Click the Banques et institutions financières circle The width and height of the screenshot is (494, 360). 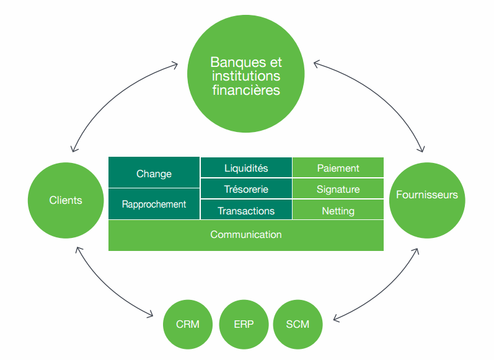point(245,76)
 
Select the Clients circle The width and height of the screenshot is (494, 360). point(66,200)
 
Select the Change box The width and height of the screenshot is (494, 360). point(154,173)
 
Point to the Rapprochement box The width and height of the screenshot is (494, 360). point(154,204)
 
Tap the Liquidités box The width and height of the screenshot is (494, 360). point(246,168)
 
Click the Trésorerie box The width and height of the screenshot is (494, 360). point(246,189)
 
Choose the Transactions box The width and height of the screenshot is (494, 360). point(246,211)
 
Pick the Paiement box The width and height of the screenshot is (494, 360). point(338,168)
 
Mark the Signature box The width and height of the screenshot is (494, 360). point(338,189)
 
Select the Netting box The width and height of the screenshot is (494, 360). point(338,211)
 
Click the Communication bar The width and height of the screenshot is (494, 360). point(246,235)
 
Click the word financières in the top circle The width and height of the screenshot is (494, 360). point(246,90)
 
